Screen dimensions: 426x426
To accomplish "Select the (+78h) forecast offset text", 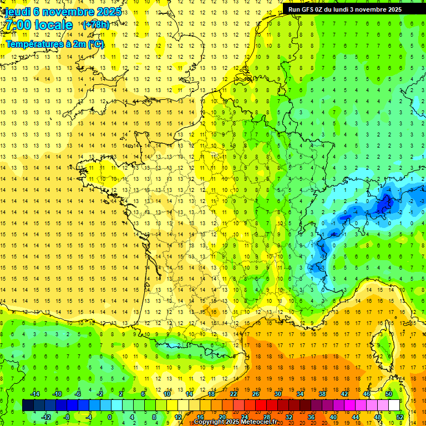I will [95, 25].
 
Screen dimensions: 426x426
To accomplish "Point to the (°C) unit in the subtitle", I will [95, 44].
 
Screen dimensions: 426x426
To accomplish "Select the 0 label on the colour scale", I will [110, 417].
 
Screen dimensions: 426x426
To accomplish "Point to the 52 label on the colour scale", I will [399, 417].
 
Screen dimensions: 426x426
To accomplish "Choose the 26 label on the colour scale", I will [256, 394].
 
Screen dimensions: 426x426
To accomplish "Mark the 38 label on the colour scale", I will [322, 394].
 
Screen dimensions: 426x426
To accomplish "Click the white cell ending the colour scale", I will [394, 405].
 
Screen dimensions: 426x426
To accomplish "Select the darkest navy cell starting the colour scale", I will [28, 405].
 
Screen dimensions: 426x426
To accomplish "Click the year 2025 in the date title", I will [108, 12].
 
